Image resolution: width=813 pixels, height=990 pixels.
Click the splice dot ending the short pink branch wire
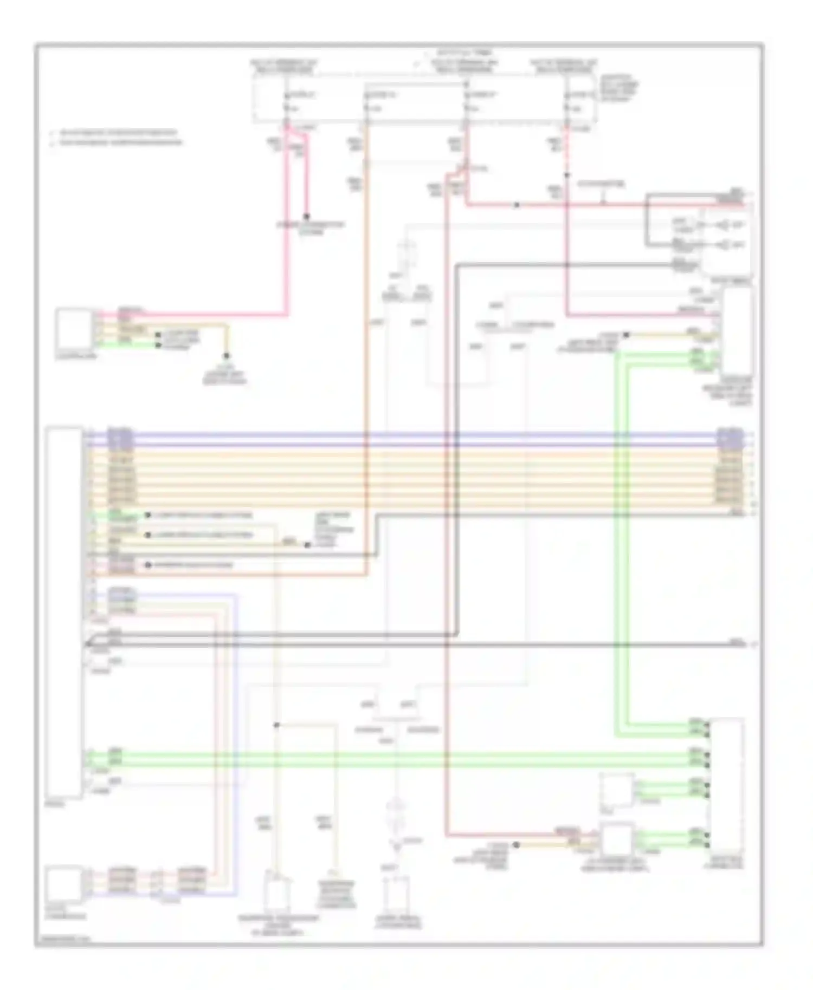tap(306, 215)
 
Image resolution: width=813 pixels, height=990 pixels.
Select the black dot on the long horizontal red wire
tap(517, 205)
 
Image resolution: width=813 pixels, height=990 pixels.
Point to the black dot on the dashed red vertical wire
tap(566, 175)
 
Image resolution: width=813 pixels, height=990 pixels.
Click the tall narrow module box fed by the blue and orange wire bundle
tap(64, 612)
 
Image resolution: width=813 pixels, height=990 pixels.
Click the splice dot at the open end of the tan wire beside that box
tap(626, 335)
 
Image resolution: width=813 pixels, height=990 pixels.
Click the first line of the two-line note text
tap(114, 132)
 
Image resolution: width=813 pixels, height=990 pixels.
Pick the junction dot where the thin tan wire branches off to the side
tap(276, 725)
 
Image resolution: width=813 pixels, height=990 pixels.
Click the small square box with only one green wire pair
tap(617, 790)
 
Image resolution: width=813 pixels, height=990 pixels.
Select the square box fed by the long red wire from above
tap(617, 840)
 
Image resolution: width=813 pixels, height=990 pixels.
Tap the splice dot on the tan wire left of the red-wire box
tap(516, 844)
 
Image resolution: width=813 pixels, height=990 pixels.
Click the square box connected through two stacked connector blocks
tap(64, 884)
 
